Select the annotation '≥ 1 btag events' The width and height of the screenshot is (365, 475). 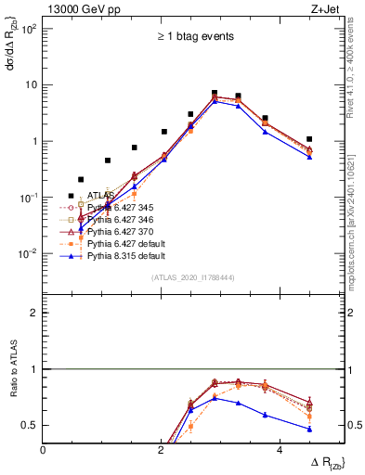click(x=194, y=37)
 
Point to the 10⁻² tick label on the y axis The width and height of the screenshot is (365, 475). click(x=29, y=254)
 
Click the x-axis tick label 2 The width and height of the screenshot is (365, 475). click(x=162, y=448)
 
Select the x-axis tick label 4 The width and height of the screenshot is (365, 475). click(x=280, y=448)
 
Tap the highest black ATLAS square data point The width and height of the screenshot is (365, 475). click(x=215, y=94)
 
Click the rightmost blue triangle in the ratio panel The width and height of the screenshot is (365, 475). click(x=309, y=429)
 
